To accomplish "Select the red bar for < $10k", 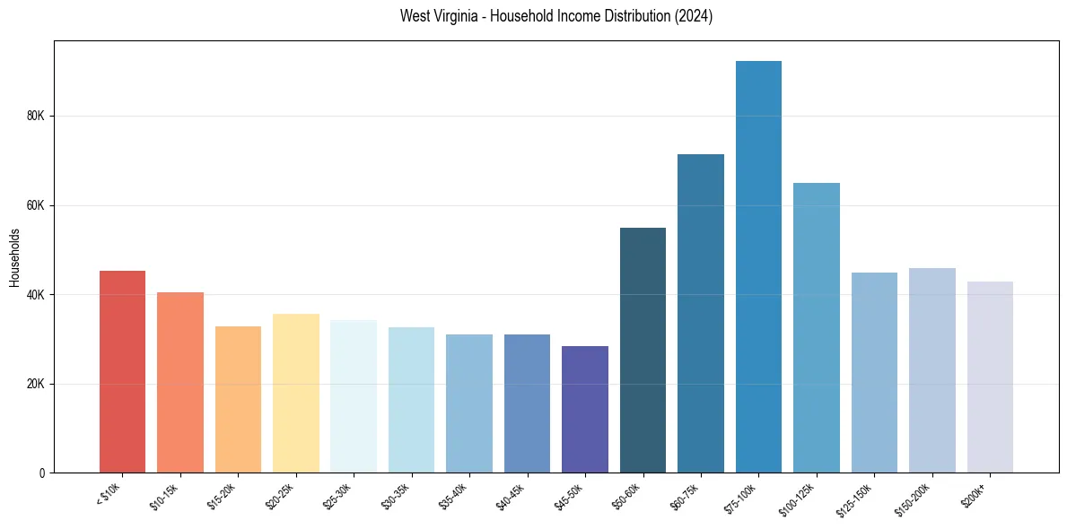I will click(122, 372).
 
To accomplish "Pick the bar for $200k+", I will click(990, 377).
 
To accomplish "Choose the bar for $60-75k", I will click(701, 314).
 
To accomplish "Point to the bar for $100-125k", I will click(817, 328).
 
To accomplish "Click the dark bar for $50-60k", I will click(643, 351).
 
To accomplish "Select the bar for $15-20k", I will click(238, 400).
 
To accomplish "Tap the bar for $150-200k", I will click(932, 370).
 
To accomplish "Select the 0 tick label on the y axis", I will click(45, 473).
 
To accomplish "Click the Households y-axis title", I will click(14, 256).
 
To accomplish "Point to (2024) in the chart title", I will click(695, 16).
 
